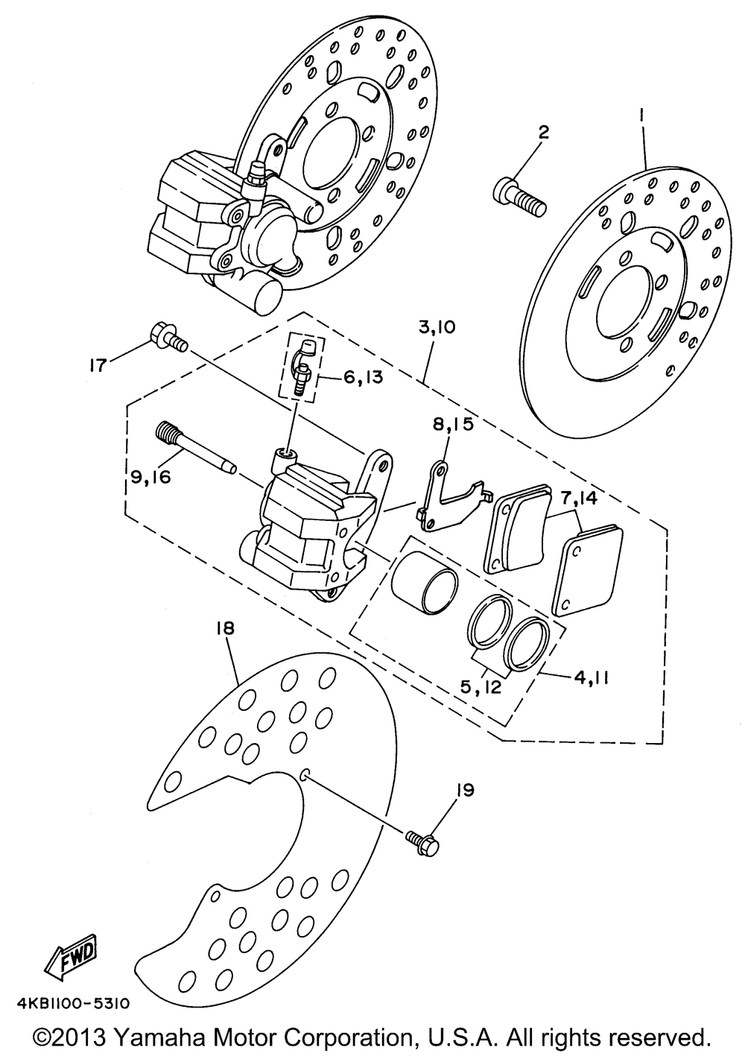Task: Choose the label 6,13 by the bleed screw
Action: (362, 378)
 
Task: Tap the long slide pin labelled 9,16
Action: (196, 449)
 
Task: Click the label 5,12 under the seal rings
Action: (480, 686)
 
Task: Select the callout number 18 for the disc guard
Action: (225, 628)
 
